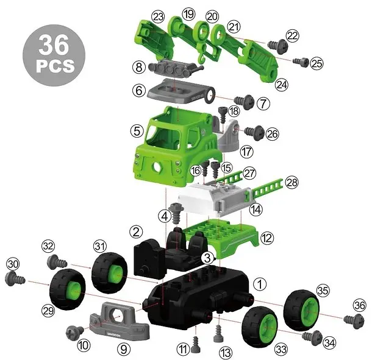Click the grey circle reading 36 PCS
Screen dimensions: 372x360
[x=54, y=55]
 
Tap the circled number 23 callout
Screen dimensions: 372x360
[x=158, y=17]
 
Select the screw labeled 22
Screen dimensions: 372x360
[x=277, y=44]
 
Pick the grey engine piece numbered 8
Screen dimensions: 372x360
[x=176, y=68]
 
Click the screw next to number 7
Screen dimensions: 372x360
[x=244, y=101]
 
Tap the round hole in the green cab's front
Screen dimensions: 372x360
[x=157, y=167]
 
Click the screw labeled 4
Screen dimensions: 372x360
[x=176, y=213]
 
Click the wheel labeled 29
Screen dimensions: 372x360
[x=68, y=289]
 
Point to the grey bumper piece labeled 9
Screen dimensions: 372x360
[x=120, y=321]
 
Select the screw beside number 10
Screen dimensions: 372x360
[x=75, y=331]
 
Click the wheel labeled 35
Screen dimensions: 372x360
[x=301, y=309]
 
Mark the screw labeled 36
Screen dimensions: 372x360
[x=354, y=321]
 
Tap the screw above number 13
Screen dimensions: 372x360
[x=218, y=334]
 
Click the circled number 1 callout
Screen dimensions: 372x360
[x=260, y=284]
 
